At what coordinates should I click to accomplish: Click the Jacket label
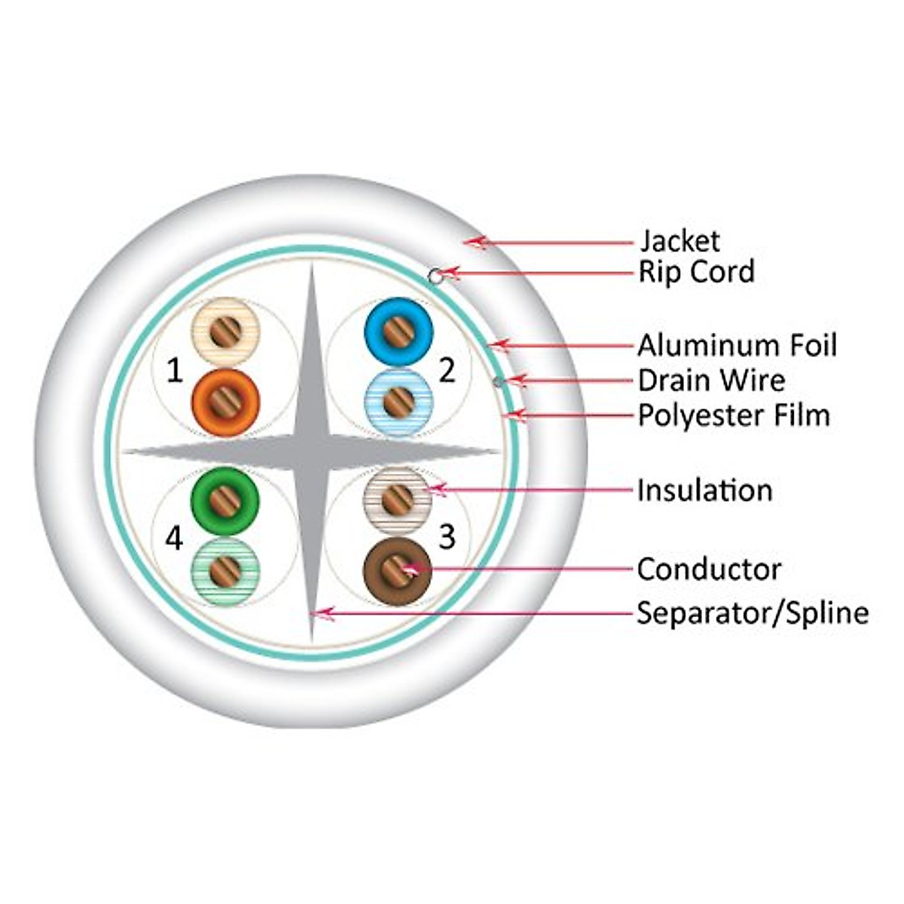pyautogui.click(x=680, y=241)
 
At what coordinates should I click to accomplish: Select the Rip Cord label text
pyautogui.click(x=696, y=272)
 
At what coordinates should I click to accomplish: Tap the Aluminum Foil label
pyautogui.click(x=737, y=346)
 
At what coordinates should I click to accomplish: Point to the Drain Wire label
pyautogui.click(x=711, y=380)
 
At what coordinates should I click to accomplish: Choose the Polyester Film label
pyautogui.click(x=734, y=415)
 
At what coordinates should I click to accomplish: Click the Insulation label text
pyautogui.click(x=704, y=490)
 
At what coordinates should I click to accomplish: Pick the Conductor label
pyautogui.click(x=709, y=570)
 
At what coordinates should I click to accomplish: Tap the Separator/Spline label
pyautogui.click(x=753, y=613)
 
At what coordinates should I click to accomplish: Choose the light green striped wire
pyautogui.click(x=225, y=570)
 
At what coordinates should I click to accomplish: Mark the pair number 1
pyautogui.click(x=174, y=371)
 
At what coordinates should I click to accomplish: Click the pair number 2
pyautogui.click(x=447, y=371)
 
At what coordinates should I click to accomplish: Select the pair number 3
pyautogui.click(x=447, y=537)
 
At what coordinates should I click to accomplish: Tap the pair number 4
pyautogui.click(x=174, y=539)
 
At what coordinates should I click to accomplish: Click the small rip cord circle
pyautogui.click(x=435, y=276)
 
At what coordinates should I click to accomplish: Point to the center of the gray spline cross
pyautogui.click(x=311, y=451)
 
